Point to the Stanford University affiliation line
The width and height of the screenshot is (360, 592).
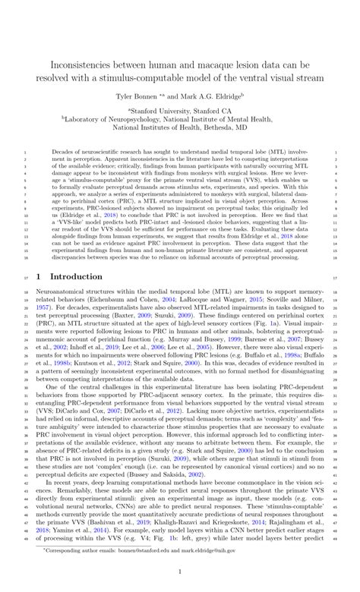tap(180, 111)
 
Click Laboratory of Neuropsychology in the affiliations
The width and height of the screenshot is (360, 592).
tap(132, 119)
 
